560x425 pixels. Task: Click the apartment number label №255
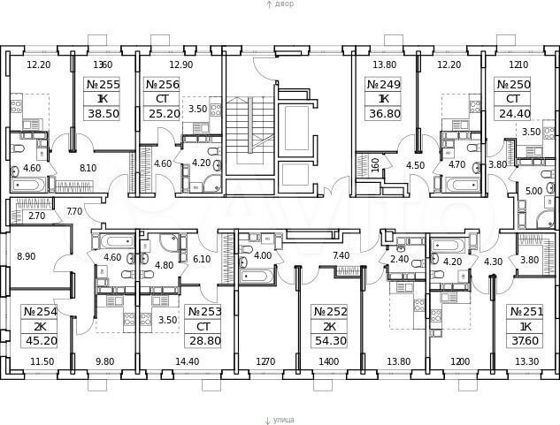point(104,85)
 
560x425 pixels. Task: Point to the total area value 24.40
point(514,114)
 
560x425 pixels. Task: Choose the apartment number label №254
point(39,311)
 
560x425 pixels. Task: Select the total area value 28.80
point(204,340)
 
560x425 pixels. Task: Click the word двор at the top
point(282,4)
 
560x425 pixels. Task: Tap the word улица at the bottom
point(283,420)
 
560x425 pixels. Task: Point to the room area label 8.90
point(27,256)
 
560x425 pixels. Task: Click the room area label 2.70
point(36,215)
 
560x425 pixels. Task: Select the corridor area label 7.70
point(75,211)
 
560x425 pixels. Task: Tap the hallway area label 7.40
point(341,256)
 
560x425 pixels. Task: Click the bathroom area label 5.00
point(533,190)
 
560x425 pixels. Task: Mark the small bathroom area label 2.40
point(401,260)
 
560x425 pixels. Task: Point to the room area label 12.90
point(180,65)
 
